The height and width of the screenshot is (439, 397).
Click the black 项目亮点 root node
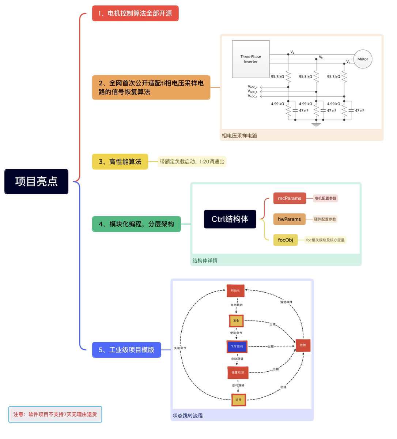click(36, 181)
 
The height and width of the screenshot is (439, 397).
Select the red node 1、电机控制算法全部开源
click(135, 14)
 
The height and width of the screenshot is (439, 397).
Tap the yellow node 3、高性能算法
click(120, 162)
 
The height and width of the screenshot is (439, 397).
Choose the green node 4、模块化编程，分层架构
click(136, 224)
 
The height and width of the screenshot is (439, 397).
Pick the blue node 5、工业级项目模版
click(126, 350)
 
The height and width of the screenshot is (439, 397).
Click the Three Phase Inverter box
click(251, 59)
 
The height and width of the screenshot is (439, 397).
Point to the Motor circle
click(363, 59)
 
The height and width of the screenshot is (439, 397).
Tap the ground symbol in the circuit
click(316, 124)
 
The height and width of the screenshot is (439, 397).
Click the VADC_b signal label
click(253, 91)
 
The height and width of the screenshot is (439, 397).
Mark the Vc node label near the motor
click(348, 62)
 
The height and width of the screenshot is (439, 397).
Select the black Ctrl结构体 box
click(230, 219)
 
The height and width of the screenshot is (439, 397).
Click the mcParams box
click(290, 198)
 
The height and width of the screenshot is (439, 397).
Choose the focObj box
click(286, 240)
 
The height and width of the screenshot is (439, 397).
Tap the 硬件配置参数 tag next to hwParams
click(325, 219)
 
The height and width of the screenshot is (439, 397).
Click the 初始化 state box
click(235, 290)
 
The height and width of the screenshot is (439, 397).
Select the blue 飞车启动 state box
click(237, 346)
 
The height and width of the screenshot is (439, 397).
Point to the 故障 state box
click(303, 345)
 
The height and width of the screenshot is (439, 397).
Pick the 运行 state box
click(238, 400)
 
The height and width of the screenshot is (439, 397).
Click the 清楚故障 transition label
click(286, 302)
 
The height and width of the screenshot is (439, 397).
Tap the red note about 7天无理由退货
click(55, 414)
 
